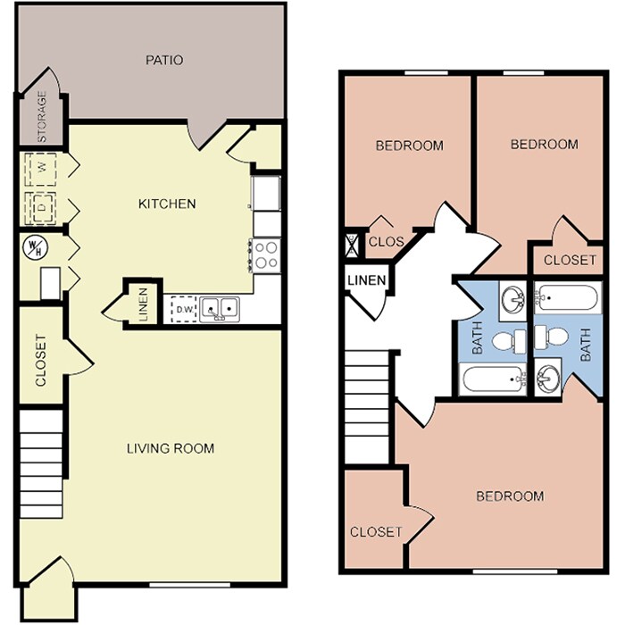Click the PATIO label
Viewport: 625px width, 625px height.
click(164, 61)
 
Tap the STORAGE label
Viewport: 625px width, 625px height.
click(41, 119)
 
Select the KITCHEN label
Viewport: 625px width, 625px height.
click(166, 204)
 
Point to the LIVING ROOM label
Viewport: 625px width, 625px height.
click(170, 448)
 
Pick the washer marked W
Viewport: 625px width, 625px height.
click(41, 167)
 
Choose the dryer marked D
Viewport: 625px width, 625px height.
click(39, 204)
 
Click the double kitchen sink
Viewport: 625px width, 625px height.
click(220, 309)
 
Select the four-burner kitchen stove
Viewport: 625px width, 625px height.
click(266, 255)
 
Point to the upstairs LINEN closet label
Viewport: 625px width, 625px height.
click(366, 281)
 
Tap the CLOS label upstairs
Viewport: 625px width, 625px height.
click(386, 241)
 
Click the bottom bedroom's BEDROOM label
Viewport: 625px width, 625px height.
click(509, 496)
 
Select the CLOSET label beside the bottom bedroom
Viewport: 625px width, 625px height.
click(376, 531)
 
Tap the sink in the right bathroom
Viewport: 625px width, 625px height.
click(548, 377)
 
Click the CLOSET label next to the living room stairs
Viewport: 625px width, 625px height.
click(41, 361)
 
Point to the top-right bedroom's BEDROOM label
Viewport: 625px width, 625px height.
click(544, 144)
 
